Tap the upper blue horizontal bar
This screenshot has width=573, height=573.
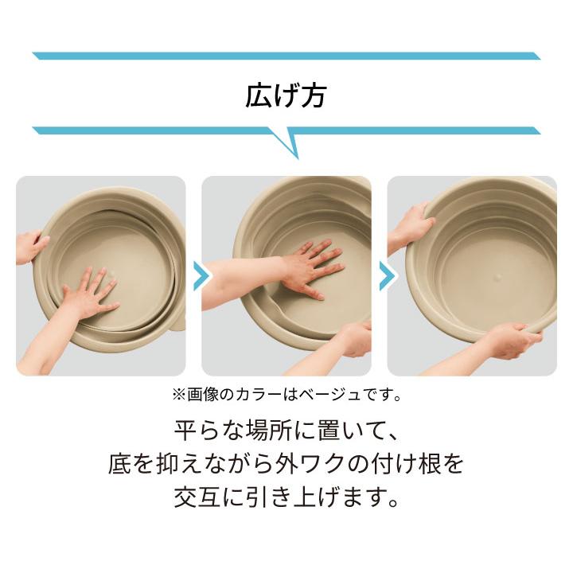point(286,56)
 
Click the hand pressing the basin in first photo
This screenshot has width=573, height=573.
point(89,293)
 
